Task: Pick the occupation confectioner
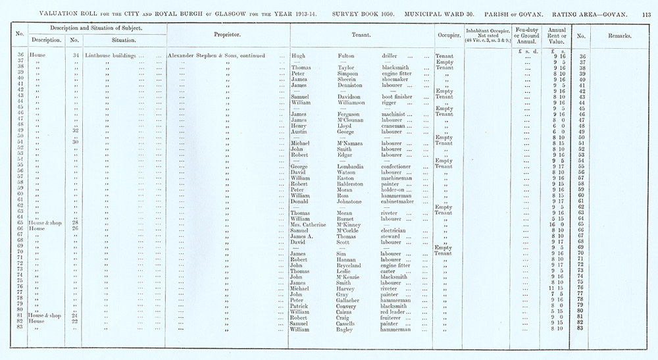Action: [x=397, y=167]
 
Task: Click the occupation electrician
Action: [x=396, y=230]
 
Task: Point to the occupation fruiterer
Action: [x=394, y=317]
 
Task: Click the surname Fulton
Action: [x=348, y=56]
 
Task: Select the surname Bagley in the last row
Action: [x=348, y=330]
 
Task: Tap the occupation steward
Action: [x=392, y=237]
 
